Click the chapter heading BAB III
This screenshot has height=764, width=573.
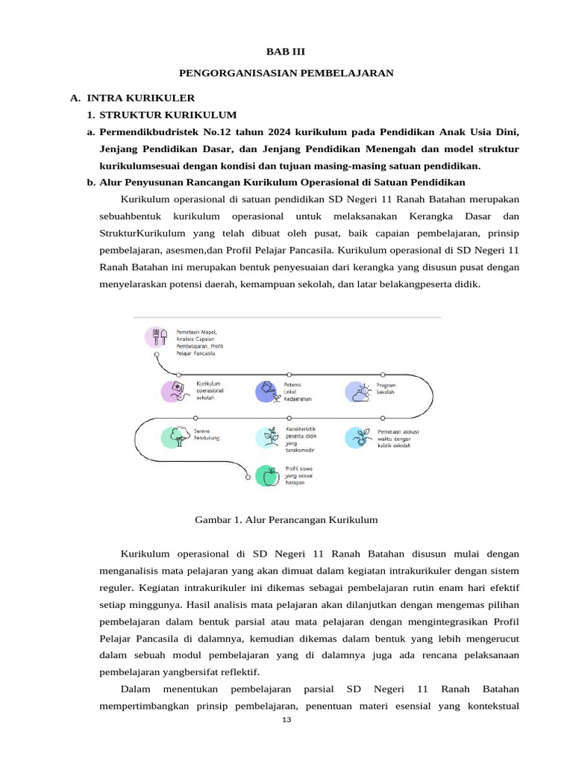click(286, 51)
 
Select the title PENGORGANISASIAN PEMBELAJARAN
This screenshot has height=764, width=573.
click(286, 73)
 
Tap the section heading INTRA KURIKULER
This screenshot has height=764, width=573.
click(140, 98)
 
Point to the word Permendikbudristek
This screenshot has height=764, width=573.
click(145, 132)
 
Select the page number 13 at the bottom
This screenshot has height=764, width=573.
click(286, 720)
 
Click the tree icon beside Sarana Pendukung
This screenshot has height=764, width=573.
click(172, 437)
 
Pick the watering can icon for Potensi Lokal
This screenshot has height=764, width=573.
click(266, 391)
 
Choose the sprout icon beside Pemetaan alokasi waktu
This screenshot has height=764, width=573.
click(357, 437)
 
